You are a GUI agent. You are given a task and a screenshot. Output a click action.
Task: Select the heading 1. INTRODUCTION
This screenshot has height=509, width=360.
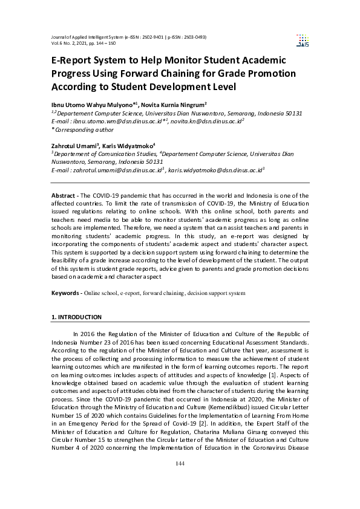click(76, 317)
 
